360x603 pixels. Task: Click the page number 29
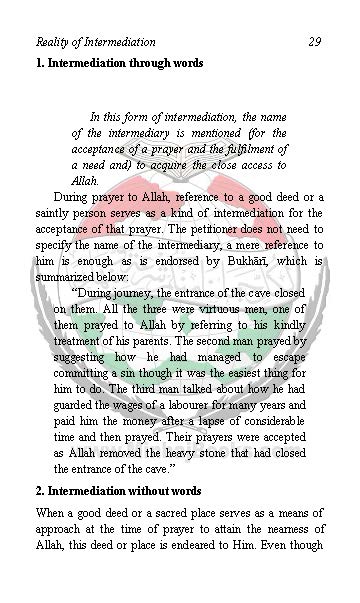click(x=314, y=42)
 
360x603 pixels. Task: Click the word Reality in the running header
click(x=53, y=42)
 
